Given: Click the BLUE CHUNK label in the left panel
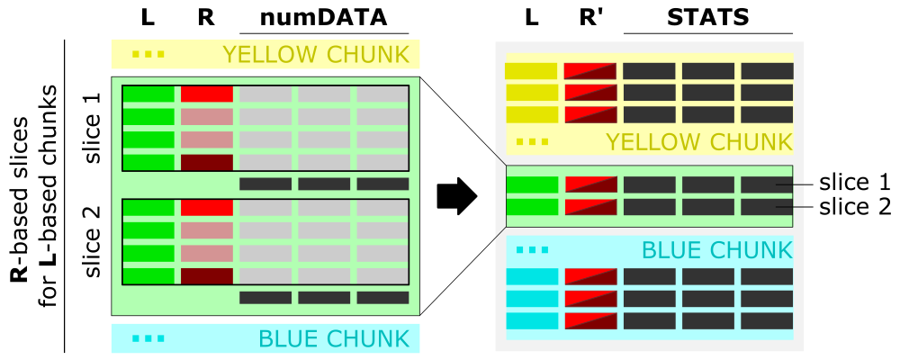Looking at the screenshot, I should coord(334,338).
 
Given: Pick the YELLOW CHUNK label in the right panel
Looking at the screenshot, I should coord(698,141).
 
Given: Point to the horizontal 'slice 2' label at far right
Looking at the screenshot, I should coord(854,207).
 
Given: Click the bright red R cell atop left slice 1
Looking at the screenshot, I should coord(207,94).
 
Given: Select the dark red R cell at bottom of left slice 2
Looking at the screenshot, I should coord(207,275).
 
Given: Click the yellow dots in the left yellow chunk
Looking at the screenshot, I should coord(148,54).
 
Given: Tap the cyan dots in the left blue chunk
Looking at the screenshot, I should coord(148,338).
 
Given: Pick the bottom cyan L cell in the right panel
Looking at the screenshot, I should coord(532,320).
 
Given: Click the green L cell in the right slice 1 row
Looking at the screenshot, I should coord(532,184).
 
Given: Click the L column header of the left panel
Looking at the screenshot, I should coord(148,17).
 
